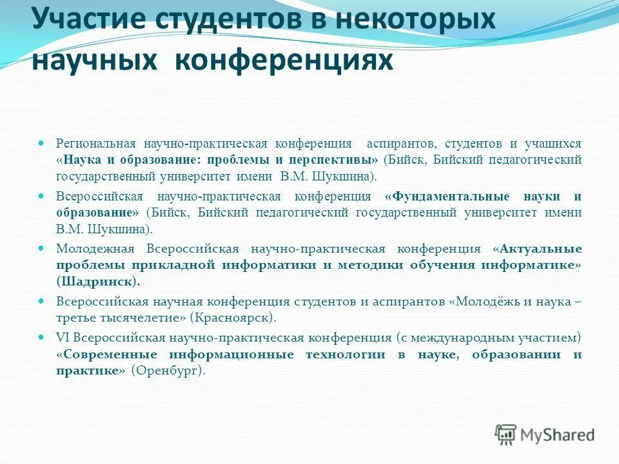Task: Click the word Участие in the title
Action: (x=83, y=21)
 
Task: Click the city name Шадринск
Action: (x=97, y=281)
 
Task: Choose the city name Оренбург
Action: (x=167, y=371)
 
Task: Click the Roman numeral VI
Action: (x=63, y=337)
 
